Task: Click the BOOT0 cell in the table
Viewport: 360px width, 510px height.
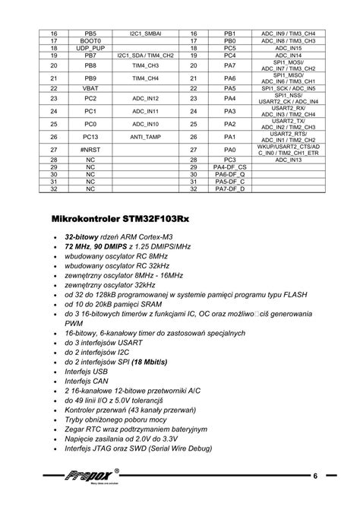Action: pyautogui.click(x=90, y=41)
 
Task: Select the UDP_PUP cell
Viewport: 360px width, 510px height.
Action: pyautogui.click(x=90, y=49)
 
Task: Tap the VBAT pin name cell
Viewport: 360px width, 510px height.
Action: pyautogui.click(x=90, y=88)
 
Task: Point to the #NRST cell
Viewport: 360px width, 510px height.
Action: pyautogui.click(x=90, y=150)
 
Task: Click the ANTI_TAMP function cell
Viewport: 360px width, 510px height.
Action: pyautogui.click(x=145, y=137)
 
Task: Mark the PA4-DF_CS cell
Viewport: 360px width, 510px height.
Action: pyautogui.click(x=230, y=168)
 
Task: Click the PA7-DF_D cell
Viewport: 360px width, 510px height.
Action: pyautogui.click(x=230, y=189)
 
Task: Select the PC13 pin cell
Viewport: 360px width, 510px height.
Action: pyautogui.click(x=90, y=137)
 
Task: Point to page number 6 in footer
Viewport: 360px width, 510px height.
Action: pyautogui.click(x=314, y=475)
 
